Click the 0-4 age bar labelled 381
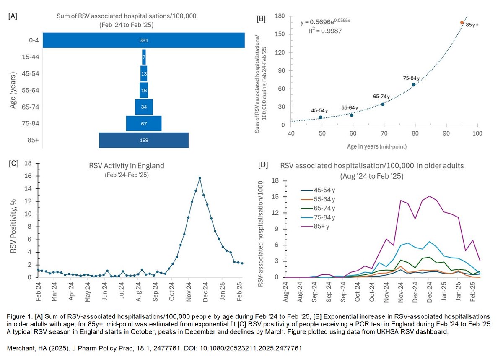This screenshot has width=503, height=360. point(144,40)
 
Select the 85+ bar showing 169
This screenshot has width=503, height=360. point(144,140)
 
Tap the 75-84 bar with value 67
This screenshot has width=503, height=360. point(144,123)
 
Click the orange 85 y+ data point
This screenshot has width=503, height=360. point(462,23)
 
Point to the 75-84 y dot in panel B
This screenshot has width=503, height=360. point(413,84)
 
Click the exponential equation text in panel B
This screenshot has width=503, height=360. point(328,22)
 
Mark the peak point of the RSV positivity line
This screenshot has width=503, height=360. point(200,178)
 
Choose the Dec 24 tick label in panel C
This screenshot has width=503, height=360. point(206,290)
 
